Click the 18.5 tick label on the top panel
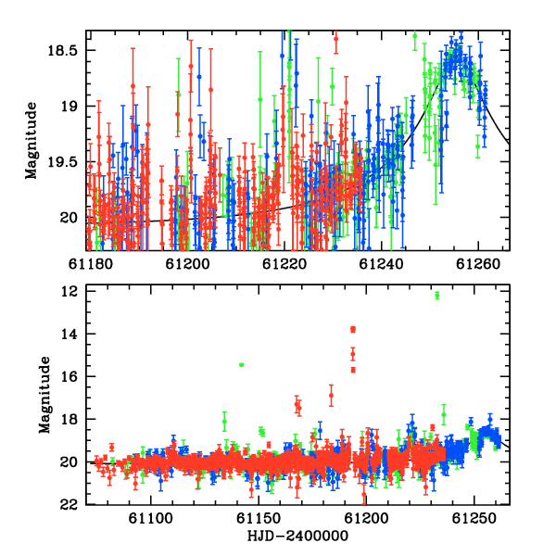point(62,50)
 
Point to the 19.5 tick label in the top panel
point(62,162)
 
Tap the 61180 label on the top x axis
point(91,264)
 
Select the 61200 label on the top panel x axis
point(187,264)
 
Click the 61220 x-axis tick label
point(284,264)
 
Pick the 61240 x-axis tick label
point(381,264)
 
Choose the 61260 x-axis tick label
point(478,264)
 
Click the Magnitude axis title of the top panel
point(32,141)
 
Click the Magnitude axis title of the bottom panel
point(44,395)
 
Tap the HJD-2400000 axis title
point(297,536)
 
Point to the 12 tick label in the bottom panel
point(69,291)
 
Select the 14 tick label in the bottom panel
point(69,334)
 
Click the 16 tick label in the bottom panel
point(69,376)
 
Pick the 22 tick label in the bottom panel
point(69,505)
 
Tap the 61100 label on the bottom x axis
point(151,519)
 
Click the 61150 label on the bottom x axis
point(259,519)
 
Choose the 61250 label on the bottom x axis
point(474,519)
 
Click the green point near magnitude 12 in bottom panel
point(437,296)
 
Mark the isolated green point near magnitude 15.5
point(242,365)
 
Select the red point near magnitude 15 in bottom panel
point(353,354)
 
